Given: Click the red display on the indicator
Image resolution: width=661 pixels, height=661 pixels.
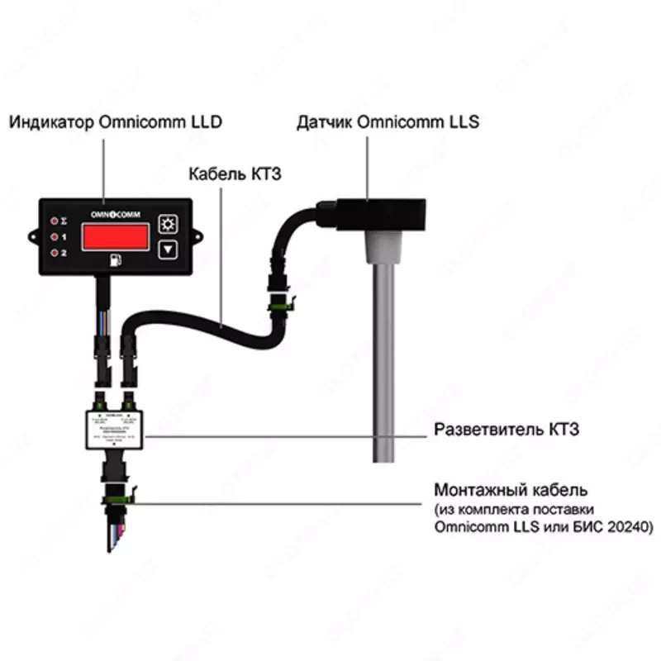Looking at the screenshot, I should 114,238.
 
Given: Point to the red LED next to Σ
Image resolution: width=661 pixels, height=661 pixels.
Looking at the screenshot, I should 55,221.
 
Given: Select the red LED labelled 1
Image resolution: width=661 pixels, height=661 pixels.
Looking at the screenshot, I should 55,237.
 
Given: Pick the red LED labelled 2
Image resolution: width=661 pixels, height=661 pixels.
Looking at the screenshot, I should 55,252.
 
